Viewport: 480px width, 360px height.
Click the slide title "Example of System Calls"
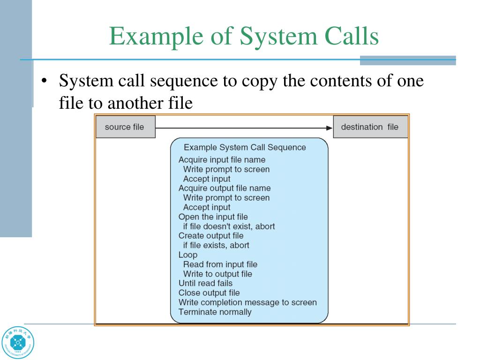click(x=244, y=37)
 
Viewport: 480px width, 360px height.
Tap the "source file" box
click(x=125, y=127)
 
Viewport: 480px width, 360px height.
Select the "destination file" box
click(x=370, y=127)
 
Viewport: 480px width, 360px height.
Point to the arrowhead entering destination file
click(x=329, y=127)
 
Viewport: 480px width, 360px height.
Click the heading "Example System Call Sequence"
click(x=245, y=147)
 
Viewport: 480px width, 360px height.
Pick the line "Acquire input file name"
click(x=222, y=160)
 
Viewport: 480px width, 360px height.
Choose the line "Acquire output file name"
click(x=225, y=188)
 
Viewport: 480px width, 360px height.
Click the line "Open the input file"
click(x=213, y=217)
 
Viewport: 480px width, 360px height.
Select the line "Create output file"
click(x=211, y=236)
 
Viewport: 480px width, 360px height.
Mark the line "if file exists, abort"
click(x=216, y=245)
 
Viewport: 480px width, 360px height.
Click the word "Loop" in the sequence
click(x=188, y=255)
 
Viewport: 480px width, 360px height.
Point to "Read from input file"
click(x=220, y=264)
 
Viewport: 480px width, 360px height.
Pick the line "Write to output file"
click(x=217, y=274)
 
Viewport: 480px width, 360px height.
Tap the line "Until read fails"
click(x=205, y=283)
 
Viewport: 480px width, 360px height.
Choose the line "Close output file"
click(x=209, y=293)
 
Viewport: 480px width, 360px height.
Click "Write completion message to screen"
click(x=247, y=302)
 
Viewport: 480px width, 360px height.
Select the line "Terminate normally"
click(x=215, y=312)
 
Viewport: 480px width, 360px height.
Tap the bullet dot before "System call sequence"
click(x=44, y=81)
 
